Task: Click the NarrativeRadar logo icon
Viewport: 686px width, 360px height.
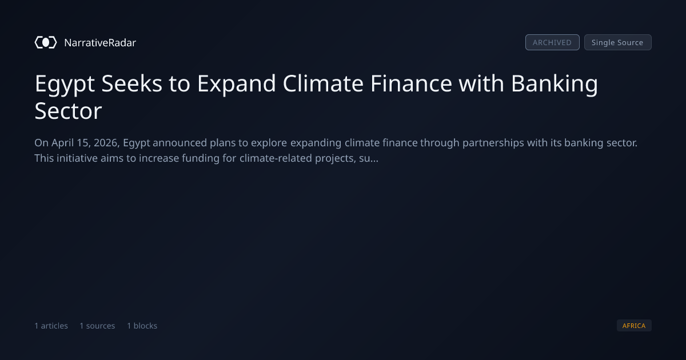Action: click(46, 42)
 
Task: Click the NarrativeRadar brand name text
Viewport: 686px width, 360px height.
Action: click(100, 43)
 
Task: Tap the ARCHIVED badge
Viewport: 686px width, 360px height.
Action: click(552, 42)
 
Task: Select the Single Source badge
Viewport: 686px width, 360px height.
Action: click(618, 42)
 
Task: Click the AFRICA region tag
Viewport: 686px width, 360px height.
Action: click(634, 325)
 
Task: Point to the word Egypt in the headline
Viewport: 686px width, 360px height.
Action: click(65, 84)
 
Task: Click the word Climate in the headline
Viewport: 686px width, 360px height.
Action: click(323, 83)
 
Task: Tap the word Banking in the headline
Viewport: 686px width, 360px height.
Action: click(555, 84)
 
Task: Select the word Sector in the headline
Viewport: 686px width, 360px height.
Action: click(68, 111)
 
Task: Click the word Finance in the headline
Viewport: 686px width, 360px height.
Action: click(411, 83)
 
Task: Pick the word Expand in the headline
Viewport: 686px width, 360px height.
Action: click(237, 84)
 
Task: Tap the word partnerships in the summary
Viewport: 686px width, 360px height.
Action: click(493, 143)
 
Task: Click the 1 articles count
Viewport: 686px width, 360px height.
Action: click(51, 326)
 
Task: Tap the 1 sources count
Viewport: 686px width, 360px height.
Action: click(97, 326)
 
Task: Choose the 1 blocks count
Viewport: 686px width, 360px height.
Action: click(142, 326)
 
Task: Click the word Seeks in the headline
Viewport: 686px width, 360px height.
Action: click(131, 83)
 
